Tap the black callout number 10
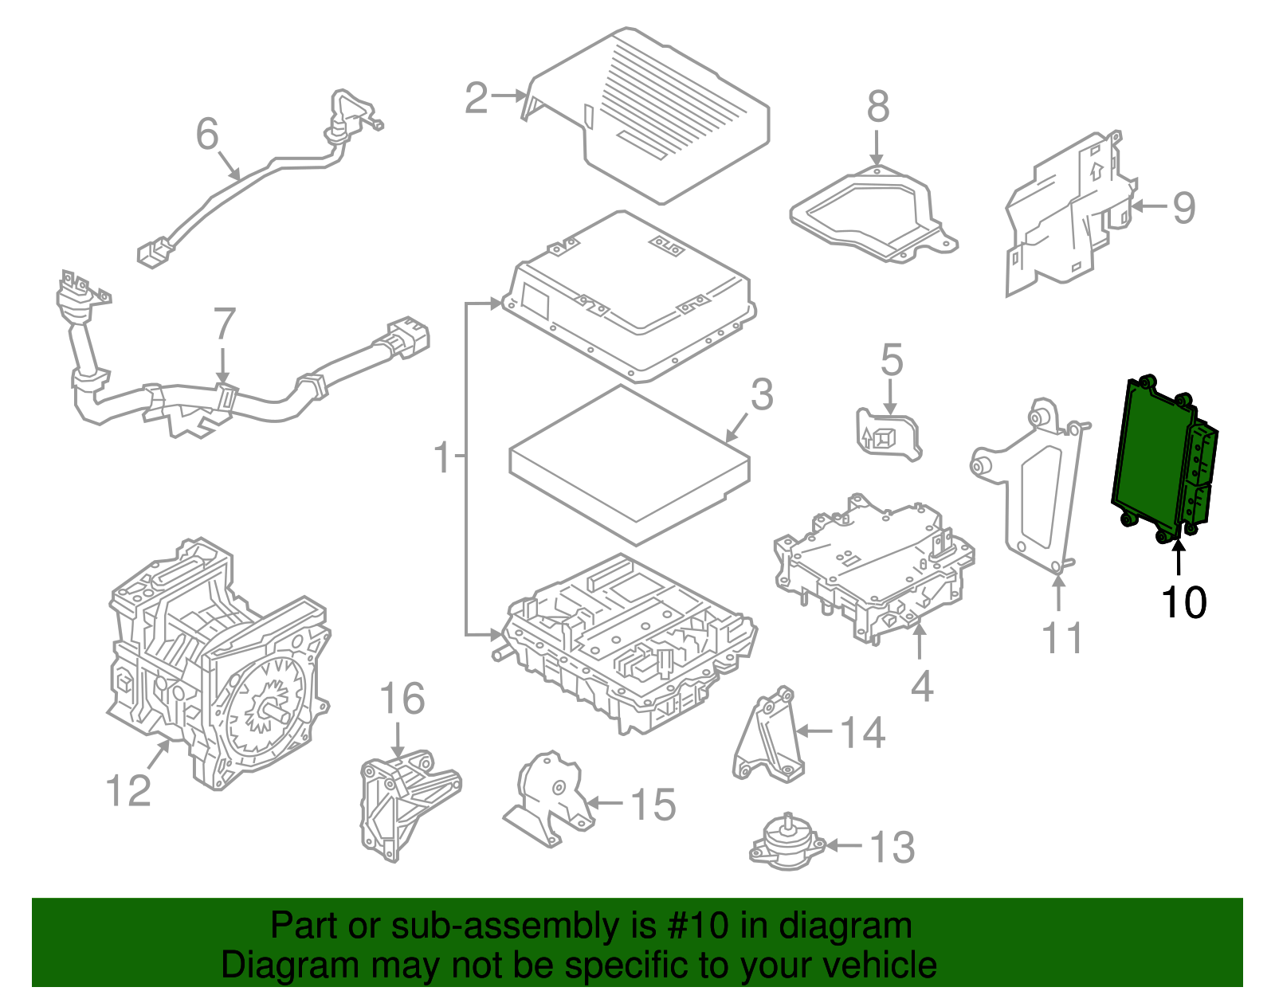[x=1183, y=602]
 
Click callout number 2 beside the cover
[x=477, y=99]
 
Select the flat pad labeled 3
[x=630, y=462]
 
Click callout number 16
[x=402, y=699]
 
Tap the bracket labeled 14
[x=767, y=737]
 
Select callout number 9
[x=1184, y=207]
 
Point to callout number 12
[x=127, y=790]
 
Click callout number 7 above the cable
[x=225, y=324]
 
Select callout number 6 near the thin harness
[x=207, y=134]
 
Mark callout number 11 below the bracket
[x=1063, y=639]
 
